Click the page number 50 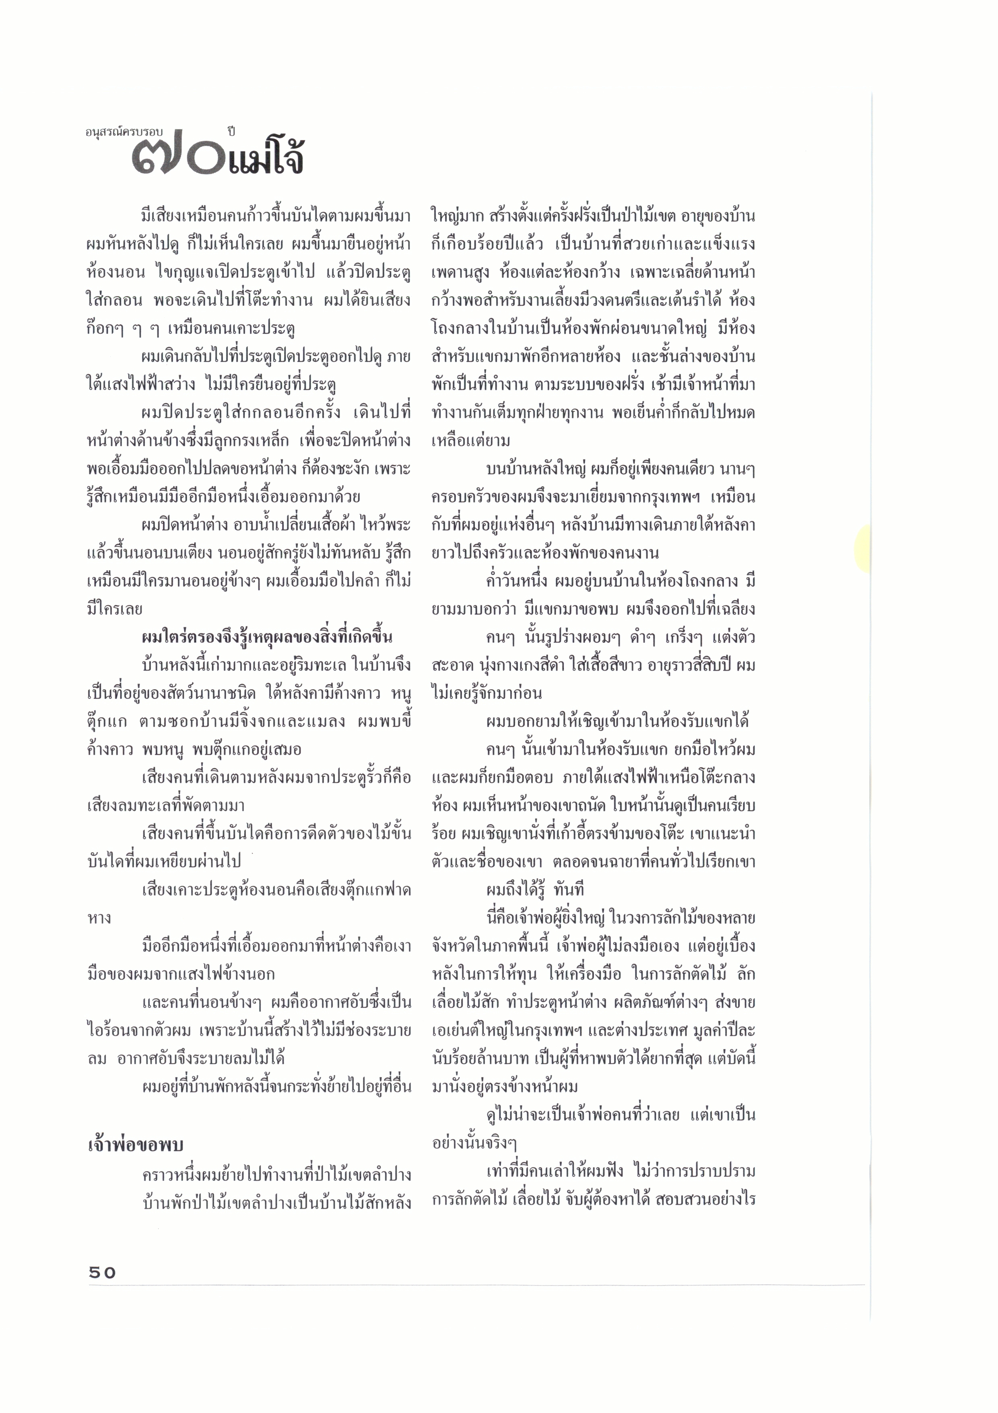coord(102,1272)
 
